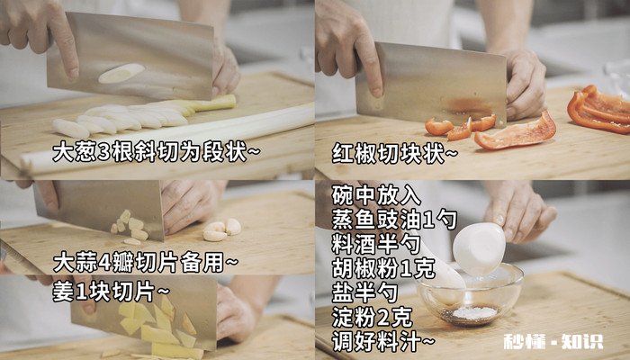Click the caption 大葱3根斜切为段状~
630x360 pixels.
(155, 150)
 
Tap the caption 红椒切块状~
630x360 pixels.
(395, 154)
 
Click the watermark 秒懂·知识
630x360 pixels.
(553, 341)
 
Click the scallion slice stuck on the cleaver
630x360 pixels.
(121, 74)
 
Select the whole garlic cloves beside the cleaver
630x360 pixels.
(221, 230)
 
